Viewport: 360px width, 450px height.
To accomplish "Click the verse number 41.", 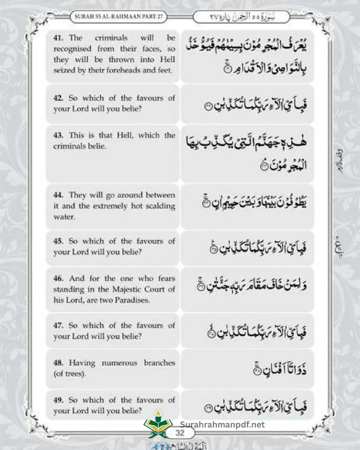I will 58,38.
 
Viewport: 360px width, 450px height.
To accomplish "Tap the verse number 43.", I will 58,135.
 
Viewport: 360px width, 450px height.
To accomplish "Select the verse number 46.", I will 58,279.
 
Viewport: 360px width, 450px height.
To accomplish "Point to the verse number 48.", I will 58,363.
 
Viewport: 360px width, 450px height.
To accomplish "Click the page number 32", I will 180,433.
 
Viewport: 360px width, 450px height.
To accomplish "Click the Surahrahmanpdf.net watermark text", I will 222,424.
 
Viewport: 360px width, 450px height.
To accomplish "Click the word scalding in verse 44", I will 161,206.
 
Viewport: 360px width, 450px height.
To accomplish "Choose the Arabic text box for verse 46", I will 247,289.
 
